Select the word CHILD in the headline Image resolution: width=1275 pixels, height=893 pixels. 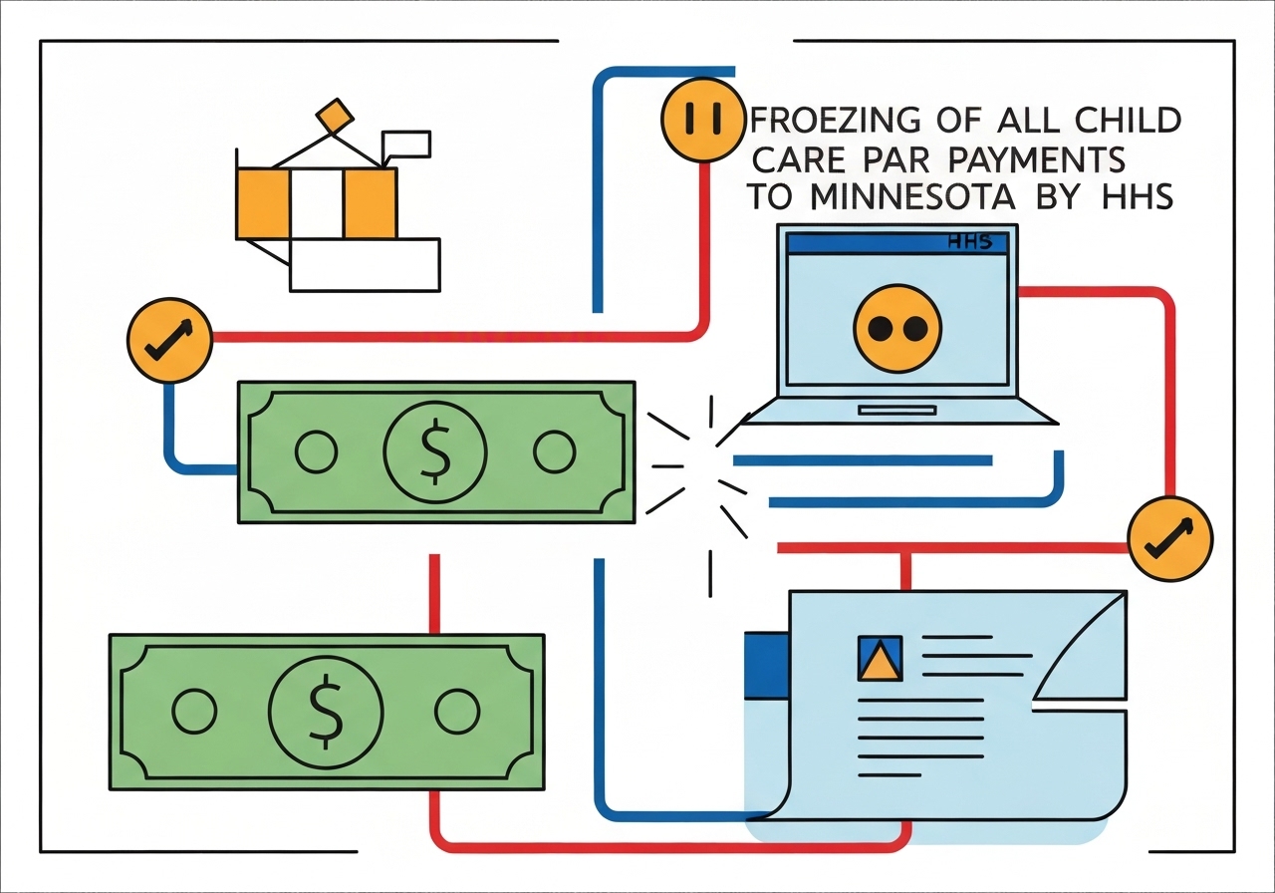coord(1126,121)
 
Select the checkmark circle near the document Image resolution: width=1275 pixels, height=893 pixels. coord(1170,538)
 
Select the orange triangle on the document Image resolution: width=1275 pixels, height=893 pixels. coord(879,661)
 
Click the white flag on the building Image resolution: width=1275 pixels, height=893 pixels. coord(406,144)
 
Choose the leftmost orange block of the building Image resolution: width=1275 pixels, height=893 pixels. coord(262,203)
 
